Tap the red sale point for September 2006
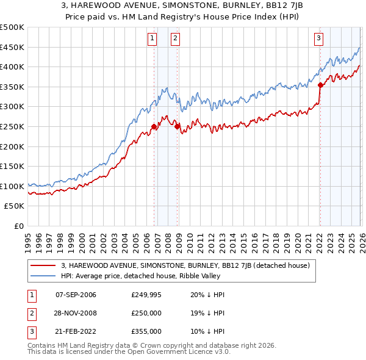coord(154,127)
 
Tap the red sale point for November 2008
coord(178,127)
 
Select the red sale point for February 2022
coord(320,85)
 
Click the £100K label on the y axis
coord(12,186)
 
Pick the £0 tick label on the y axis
coord(20,226)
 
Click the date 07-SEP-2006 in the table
coord(76,295)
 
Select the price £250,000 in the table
coord(146,313)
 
